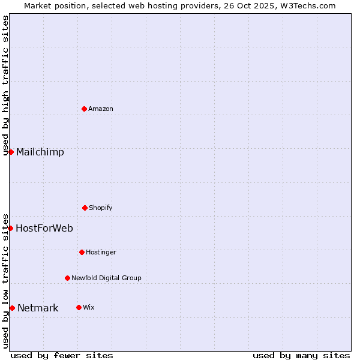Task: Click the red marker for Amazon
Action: point(84,109)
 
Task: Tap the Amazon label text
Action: point(101,109)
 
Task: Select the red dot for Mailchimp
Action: point(11,152)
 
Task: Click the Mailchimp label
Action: point(40,152)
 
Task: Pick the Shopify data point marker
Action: point(85,208)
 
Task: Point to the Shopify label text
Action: point(101,208)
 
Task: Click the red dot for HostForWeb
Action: point(10,228)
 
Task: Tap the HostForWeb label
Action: point(44,228)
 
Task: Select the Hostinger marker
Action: point(82,252)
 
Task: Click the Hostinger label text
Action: point(101,252)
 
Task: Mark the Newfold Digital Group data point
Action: point(67,278)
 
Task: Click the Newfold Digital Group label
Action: point(106,278)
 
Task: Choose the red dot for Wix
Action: point(79,307)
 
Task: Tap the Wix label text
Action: point(89,307)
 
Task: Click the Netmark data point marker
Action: point(12,308)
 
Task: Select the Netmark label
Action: point(38,308)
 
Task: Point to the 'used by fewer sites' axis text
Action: point(62,355)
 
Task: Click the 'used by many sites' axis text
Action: point(301,355)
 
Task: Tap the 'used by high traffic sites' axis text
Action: point(5,85)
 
